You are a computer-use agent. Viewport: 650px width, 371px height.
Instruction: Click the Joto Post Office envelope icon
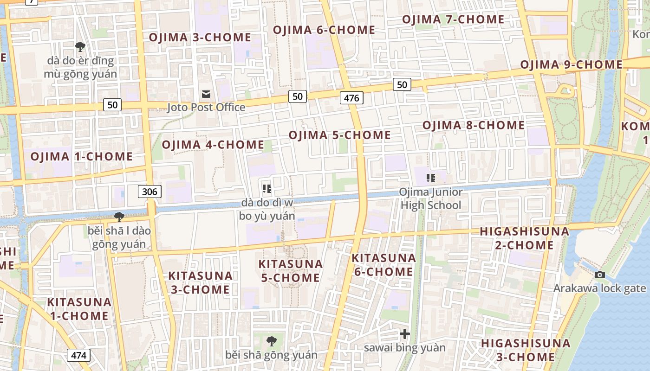coord(206,95)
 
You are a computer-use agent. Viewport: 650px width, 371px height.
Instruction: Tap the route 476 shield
coord(351,98)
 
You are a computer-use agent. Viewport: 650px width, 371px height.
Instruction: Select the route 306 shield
coord(149,191)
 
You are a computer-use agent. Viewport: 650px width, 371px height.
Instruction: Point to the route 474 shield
coord(79,355)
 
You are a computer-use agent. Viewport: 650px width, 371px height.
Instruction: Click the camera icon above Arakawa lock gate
coord(600,275)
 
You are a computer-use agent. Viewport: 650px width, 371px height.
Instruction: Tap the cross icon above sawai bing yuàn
coord(405,334)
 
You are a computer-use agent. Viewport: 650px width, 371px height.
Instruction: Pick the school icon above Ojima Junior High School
coord(431,178)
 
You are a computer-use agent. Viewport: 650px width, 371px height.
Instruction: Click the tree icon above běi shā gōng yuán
coord(272,342)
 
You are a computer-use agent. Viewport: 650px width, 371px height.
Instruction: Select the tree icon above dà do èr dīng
coord(80,46)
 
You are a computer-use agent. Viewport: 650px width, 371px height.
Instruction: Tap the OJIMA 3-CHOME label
coord(200,37)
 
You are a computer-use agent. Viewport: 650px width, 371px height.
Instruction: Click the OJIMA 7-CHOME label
coord(453,19)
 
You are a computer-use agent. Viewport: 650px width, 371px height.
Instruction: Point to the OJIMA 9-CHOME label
coord(571,64)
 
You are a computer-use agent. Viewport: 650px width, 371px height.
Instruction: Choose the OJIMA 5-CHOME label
coord(340,135)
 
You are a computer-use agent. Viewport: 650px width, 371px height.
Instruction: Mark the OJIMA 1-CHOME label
coord(82,156)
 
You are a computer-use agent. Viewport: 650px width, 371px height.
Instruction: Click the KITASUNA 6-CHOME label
coord(383,265)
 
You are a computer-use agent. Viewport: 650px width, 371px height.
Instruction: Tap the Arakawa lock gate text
coord(599,288)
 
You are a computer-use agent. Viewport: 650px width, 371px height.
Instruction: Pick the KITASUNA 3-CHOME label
coord(200,282)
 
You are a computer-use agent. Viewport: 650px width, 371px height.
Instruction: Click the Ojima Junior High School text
coord(431,198)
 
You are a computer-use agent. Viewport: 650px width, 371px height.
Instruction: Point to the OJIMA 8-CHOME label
coord(474,125)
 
